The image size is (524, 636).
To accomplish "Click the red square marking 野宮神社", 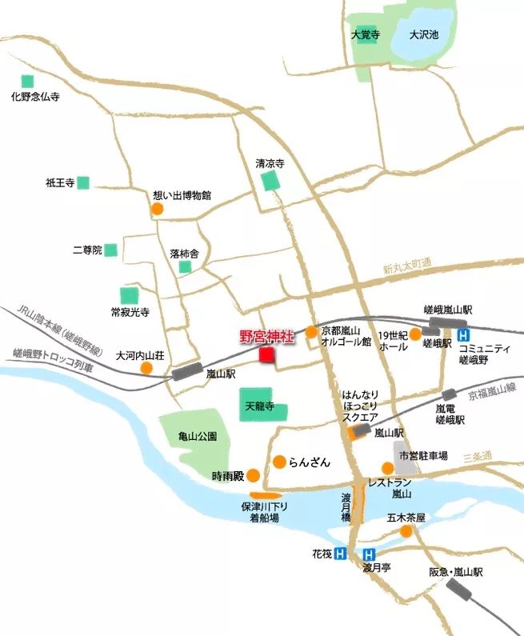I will pyautogui.click(x=267, y=354).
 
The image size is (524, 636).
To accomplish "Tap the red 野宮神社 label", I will pyautogui.click(x=267, y=338).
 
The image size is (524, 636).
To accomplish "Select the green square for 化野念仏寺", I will pyautogui.click(x=28, y=81).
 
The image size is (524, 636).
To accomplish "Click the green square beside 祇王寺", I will pyautogui.click(x=83, y=182).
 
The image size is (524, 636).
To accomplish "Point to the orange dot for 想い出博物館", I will pyautogui.click(x=158, y=210).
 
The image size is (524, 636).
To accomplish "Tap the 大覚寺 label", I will pyautogui.click(x=365, y=34).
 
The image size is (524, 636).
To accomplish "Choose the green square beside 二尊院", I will pyautogui.click(x=110, y=250).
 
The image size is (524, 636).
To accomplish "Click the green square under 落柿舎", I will pyautogui.click(x=186, y=267).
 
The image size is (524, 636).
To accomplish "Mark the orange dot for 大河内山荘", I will pyautogui.click(x=146, y=368).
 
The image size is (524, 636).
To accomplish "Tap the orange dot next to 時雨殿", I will pyautogui.click(x=253, y=474).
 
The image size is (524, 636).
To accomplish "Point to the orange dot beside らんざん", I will pyautogui.click(x=279, y=462).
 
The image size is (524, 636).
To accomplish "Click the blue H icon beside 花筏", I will pyautogui.click(x=341, y=553).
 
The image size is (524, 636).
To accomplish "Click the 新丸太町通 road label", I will pyautogui.click(x=406, y=267).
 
